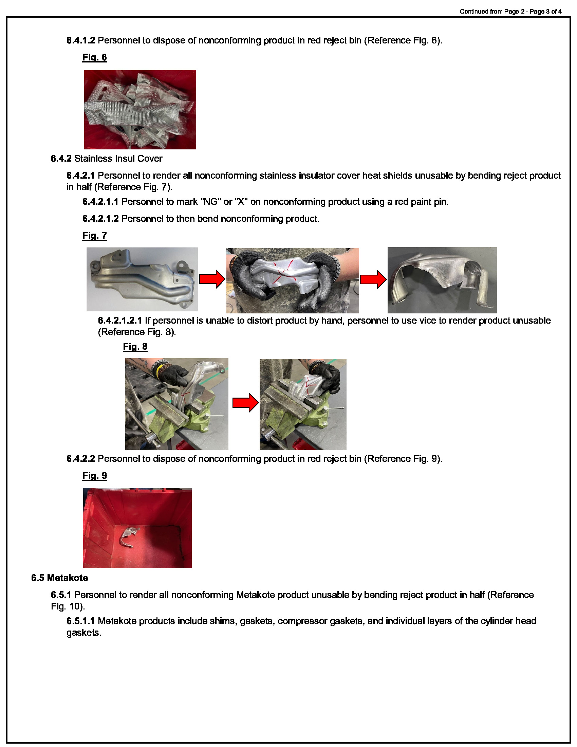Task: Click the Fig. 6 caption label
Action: coord(94,57)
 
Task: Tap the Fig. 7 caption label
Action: coord(94,236)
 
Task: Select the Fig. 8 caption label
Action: coord(135,347)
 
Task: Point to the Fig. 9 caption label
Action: coord(94,476)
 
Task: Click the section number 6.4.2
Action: coord(61,159)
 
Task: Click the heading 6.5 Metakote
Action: coord(59,578)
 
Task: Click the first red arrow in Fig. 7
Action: coord(212,279)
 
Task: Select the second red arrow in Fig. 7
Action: coord(373,279)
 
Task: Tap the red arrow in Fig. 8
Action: coord(245,403)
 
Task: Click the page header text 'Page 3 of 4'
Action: coord(545,12)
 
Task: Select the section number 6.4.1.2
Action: coord(80,41)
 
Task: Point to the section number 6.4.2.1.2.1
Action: coord(119,321)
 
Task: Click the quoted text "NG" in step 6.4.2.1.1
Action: coord(210,202)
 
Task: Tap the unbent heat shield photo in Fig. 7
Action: coord(142,279)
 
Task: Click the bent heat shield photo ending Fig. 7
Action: coord(442,280)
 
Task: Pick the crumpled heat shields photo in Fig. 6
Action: coord(140,110)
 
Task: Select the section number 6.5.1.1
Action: coord(80,621)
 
